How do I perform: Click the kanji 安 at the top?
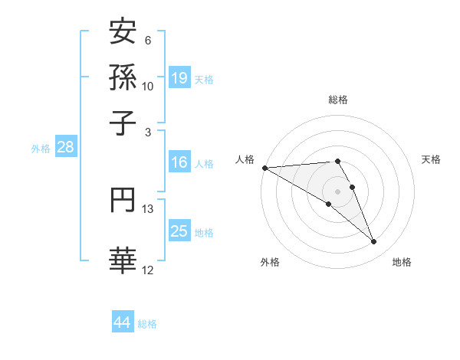pos(122,33)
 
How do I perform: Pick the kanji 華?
pos(122,259)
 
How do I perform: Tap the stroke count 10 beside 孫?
pos(148,86)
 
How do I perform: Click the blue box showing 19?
pos(179,77)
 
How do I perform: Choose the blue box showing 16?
pos(179,162)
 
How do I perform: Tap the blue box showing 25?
pos(179,232)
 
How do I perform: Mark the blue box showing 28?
pos(65,148)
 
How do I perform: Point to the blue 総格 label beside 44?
pos(147,324)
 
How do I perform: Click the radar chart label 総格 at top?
pos(337,100)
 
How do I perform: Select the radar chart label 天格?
pos(431,159)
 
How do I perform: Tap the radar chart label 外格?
pos(270,263)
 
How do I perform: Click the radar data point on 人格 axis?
pos(264,168)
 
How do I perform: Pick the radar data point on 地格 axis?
pos(373,242)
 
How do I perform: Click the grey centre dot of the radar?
pos(337,191)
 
